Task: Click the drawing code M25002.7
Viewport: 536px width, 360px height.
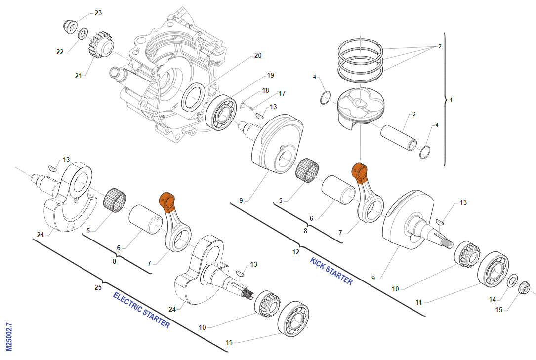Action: [x=9, y=337]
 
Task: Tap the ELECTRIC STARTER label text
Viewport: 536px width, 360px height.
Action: [x=141, y=310]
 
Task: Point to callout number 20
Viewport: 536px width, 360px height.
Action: [x=258, y=55]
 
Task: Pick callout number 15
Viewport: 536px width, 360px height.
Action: [x=499, y=310]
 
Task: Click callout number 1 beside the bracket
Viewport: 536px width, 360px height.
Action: [x=451, y=100]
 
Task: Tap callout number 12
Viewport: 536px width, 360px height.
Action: [x=296, y=252]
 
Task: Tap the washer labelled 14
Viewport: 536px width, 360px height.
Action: [x=513, y=281]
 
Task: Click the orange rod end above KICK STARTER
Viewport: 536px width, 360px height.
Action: [x=359, y=171]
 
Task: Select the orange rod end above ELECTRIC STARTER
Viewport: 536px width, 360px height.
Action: [x=166, y=200]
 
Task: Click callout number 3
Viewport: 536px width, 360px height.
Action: [x=414, y=114]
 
